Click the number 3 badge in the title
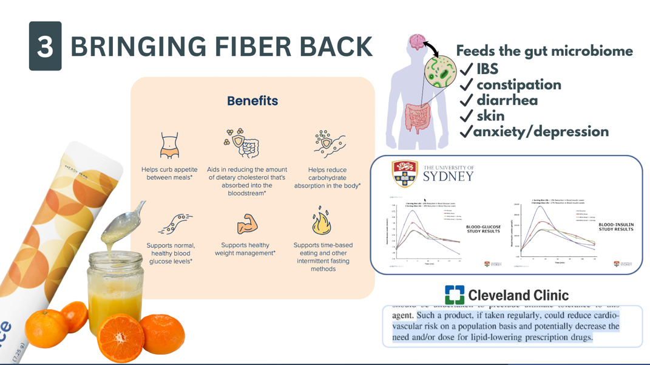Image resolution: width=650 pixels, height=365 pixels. click(x=45, y=46)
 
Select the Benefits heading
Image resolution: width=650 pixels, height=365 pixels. click(x=252, y=101)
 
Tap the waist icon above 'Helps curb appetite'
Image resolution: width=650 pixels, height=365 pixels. click(x=169, y=146)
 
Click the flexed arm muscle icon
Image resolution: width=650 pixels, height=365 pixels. click(x=246, y=223)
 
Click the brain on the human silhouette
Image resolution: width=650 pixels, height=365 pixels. click(x=417, y=43)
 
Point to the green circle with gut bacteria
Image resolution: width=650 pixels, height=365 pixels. click(x=441, y=72)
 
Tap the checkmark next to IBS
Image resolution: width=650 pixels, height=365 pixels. click(x=467, y=70)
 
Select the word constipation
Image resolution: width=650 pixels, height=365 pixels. click(x=518, y=85)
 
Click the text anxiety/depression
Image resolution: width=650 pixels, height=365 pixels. click(x=541, y=132)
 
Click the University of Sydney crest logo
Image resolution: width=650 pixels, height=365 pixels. click(x=405, y=174)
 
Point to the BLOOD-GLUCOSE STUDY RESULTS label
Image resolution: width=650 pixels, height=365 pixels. click(x=483, y=229)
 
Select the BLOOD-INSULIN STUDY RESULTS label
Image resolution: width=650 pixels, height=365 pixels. click(x=616, y=227)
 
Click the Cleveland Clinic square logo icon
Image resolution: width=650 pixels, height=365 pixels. click(x=455, y=295)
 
